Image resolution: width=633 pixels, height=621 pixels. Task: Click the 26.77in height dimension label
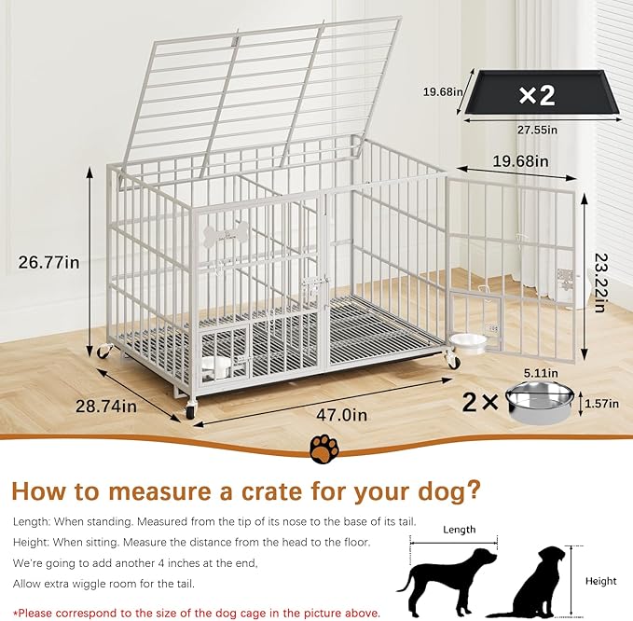click(x=48, y=263)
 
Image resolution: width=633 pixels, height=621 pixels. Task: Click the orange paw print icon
click(x=323, y=448)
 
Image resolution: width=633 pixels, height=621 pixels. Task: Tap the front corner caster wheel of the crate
click(x=191, y=410)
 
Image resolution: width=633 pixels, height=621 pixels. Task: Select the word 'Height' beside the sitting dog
click(x=600, y=581)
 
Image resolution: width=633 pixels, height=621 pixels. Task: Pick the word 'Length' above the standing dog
click(x=459, y=530)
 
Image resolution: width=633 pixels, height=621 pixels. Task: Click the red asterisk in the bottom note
click(x=16, y=613)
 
